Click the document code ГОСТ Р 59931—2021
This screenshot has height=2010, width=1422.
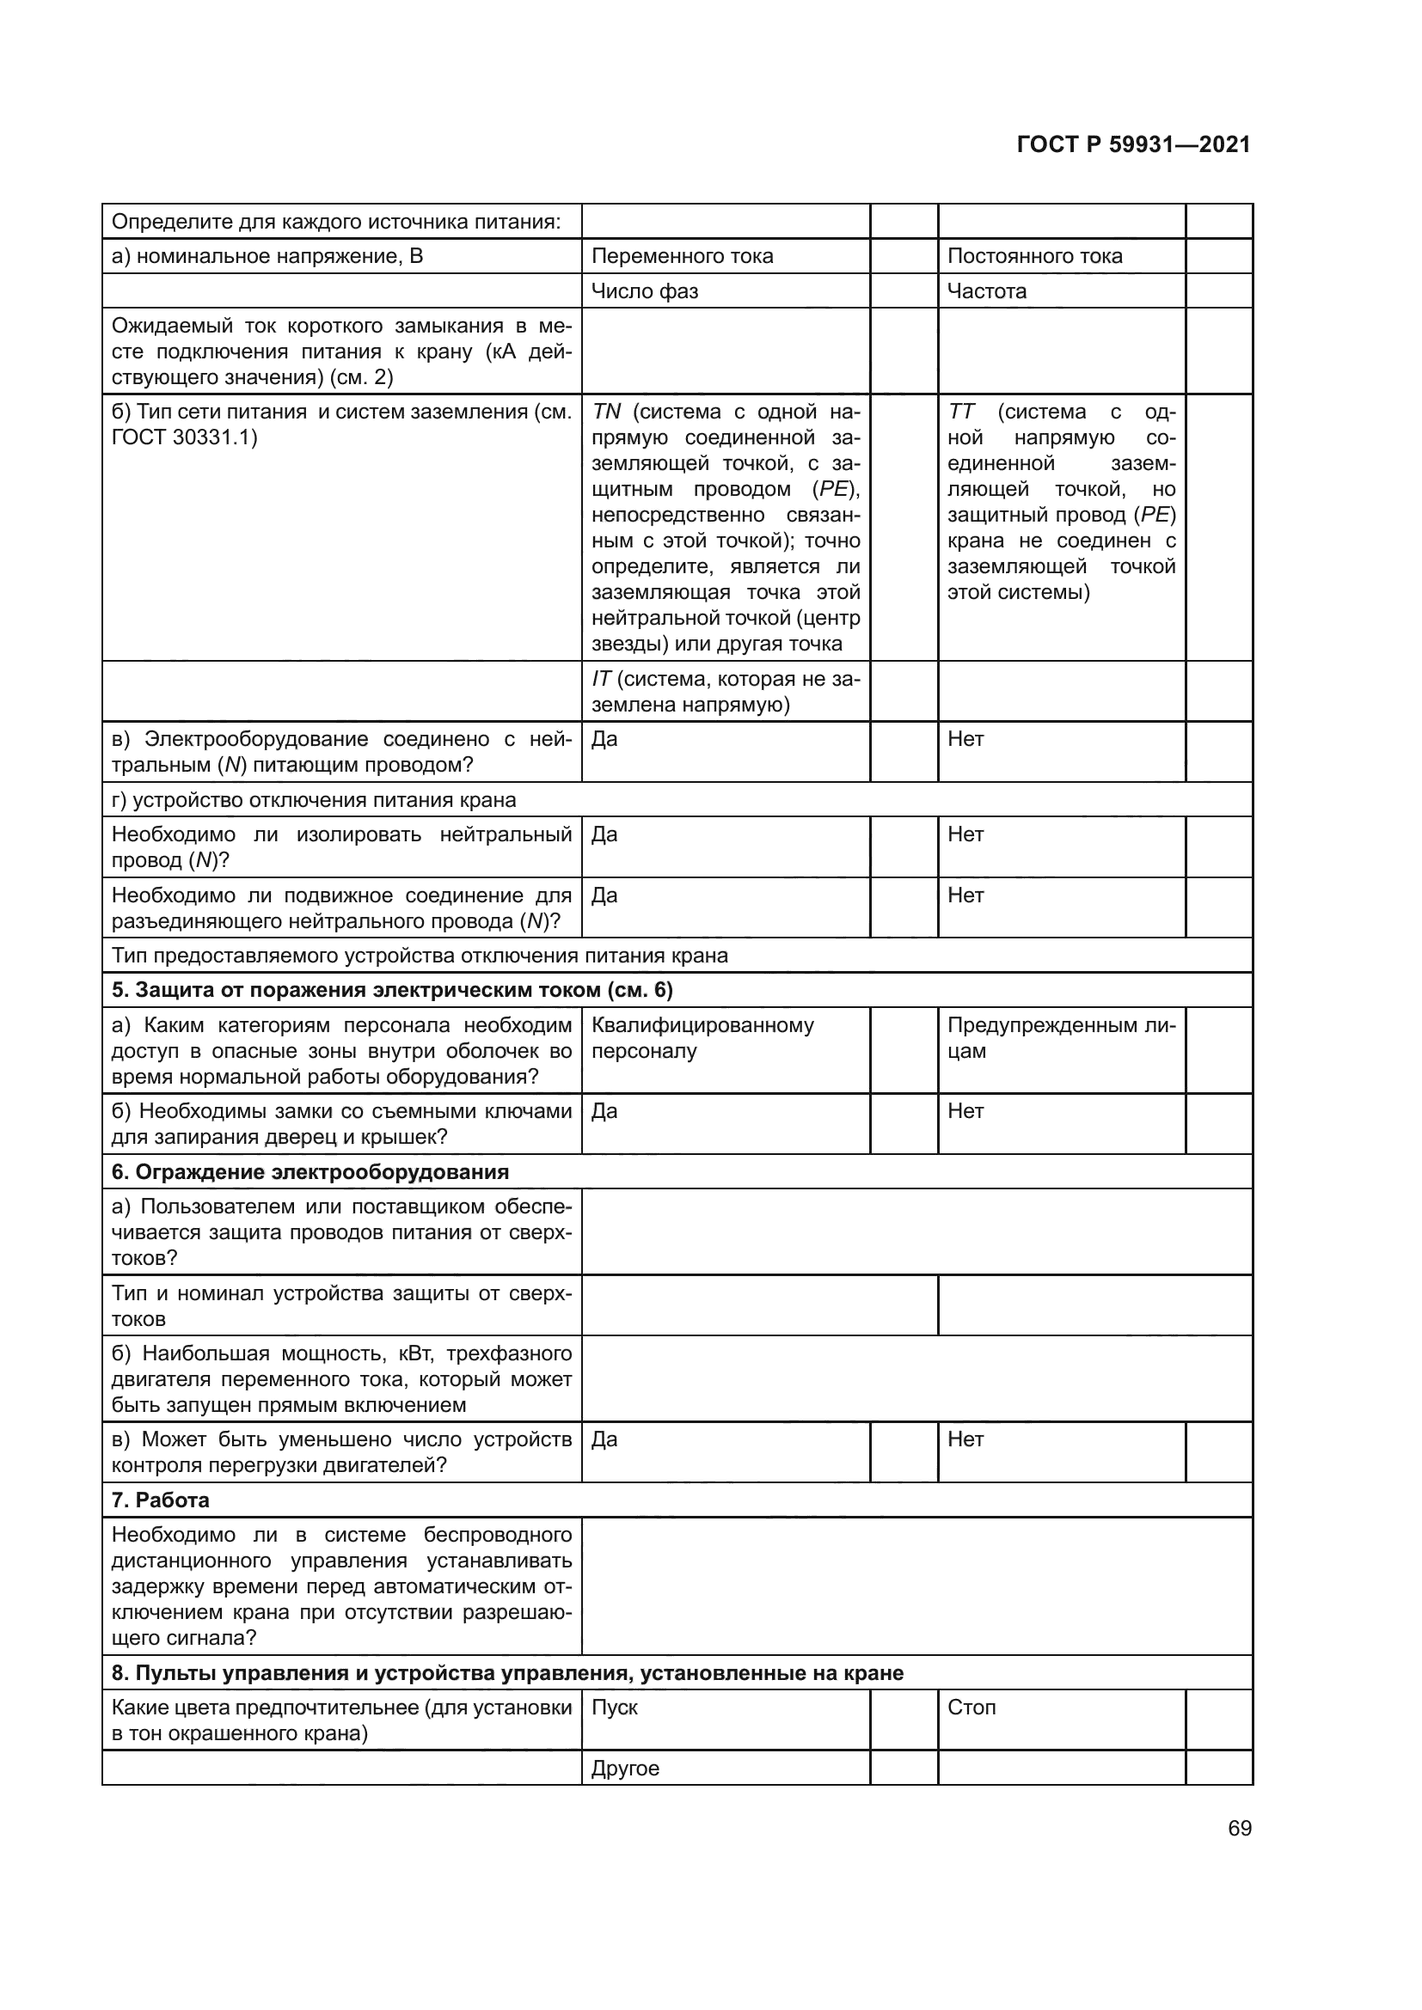1133,145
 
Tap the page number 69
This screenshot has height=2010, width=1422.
1239,1829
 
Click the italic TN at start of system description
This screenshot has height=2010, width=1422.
606,412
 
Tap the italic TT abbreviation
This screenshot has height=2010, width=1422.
960,412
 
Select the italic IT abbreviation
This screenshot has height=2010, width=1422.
601,680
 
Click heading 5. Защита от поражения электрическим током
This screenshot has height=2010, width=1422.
391,990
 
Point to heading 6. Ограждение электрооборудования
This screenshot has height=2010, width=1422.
310,1172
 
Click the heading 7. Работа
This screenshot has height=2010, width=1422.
160,1500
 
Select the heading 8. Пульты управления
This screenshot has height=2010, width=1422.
507,1673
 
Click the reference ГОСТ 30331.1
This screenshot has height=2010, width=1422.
184,437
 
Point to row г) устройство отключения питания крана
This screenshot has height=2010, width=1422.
314,800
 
